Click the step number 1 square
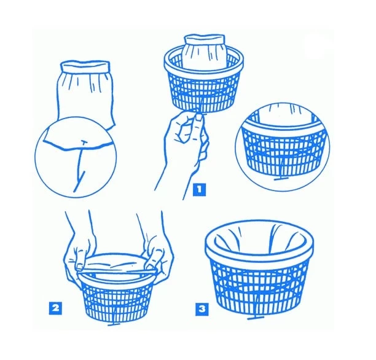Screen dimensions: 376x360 199,190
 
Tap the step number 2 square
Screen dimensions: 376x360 55,308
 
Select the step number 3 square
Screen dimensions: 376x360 202,310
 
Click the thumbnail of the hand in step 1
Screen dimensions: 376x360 198,117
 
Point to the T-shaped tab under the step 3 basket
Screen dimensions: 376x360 256,318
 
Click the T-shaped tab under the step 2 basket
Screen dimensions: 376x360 114,324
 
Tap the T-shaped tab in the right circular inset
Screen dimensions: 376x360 281,179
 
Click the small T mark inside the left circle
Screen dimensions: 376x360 84,142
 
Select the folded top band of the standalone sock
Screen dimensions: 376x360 85,66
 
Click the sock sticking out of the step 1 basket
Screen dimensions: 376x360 205,52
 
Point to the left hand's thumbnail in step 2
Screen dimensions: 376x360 79,267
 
